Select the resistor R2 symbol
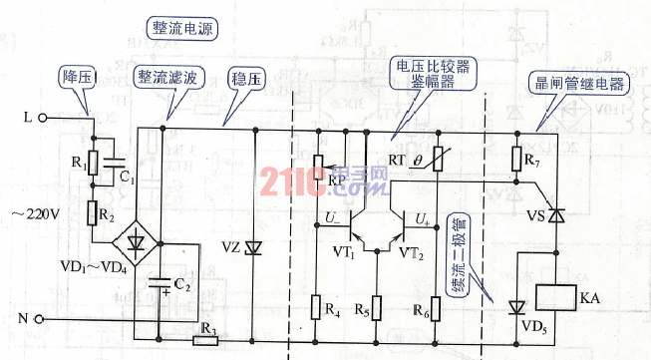coord(93,212)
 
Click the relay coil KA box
coord(557,297)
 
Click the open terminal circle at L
coord(44,117)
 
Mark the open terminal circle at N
coord(43,319)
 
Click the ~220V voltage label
coord(36,213)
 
